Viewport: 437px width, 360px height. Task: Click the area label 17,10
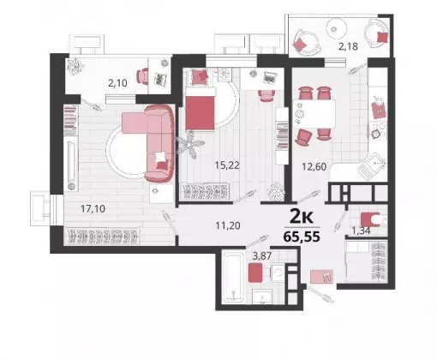click(93, 209)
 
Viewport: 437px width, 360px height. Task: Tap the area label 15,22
click(227, 165)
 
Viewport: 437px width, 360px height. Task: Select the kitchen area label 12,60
click(314, 166)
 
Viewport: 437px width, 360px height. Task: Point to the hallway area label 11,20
click(228, 226)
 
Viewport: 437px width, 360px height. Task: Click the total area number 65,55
click(302, 237)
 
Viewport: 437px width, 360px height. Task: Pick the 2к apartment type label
click(302, 217)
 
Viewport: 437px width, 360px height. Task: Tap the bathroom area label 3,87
click(262, 256)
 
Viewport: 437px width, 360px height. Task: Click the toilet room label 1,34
click(361, 231)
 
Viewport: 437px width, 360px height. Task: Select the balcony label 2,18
click(348, 46)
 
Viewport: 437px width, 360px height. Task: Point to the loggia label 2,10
click(117, 83)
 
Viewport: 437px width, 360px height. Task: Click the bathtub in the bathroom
click(233, 276)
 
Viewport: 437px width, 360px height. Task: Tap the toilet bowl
click(372, 219)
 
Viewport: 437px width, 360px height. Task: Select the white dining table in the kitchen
click(314, 114)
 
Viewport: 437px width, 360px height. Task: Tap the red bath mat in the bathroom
click(255, 273)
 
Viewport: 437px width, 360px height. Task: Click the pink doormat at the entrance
click(321, 276)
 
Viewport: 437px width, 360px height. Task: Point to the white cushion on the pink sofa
click(159, 157)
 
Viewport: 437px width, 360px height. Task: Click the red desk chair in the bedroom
click(266, 95)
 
